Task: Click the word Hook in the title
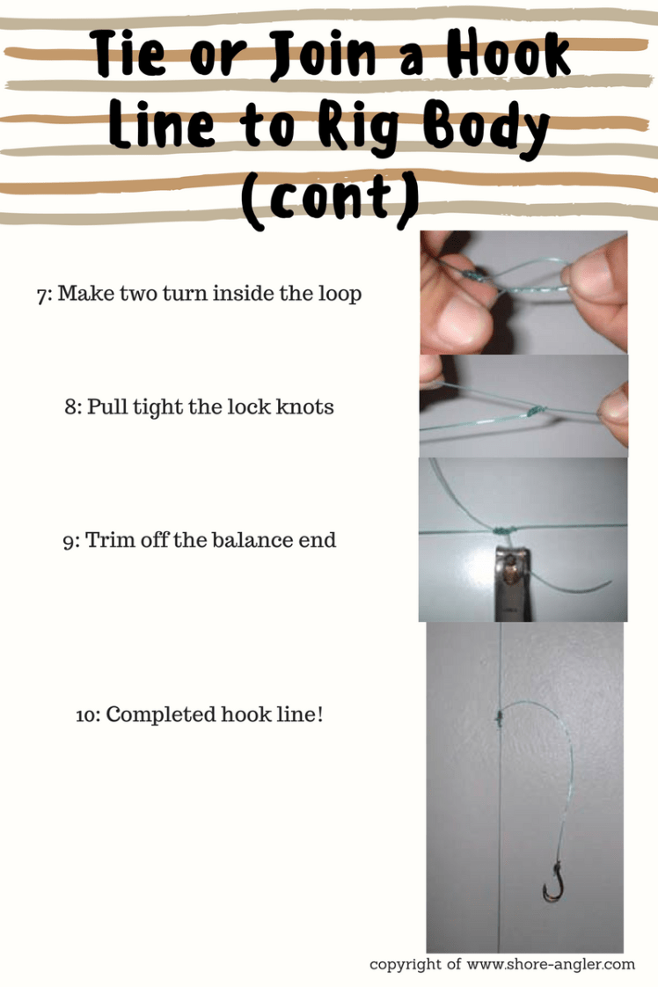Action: tap(508, 55)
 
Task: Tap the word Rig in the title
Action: tap(358, 127)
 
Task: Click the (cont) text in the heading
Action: tap(330, 199)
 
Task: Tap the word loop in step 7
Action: tap(340, 295)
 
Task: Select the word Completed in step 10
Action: tap(161, 715)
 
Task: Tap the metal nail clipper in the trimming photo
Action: tap(512, 583)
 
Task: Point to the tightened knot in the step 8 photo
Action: tap(535, 411)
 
